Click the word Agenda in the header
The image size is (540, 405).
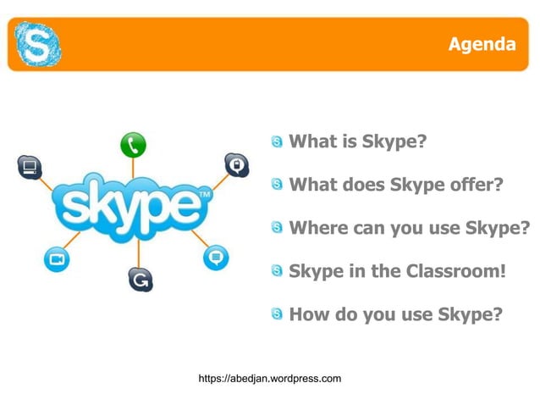[482, 44]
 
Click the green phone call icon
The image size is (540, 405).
[132, 145]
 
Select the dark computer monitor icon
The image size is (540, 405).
[30, 166]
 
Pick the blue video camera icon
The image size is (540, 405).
[56, 259]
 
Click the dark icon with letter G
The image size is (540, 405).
[140, 278]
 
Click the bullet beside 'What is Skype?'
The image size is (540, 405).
[278, 141]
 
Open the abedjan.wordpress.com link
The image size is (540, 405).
[269, 378]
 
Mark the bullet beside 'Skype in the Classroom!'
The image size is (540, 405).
[278, 272]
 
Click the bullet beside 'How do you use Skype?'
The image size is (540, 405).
[278, 315]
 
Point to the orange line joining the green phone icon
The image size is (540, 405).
[131, 166]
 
